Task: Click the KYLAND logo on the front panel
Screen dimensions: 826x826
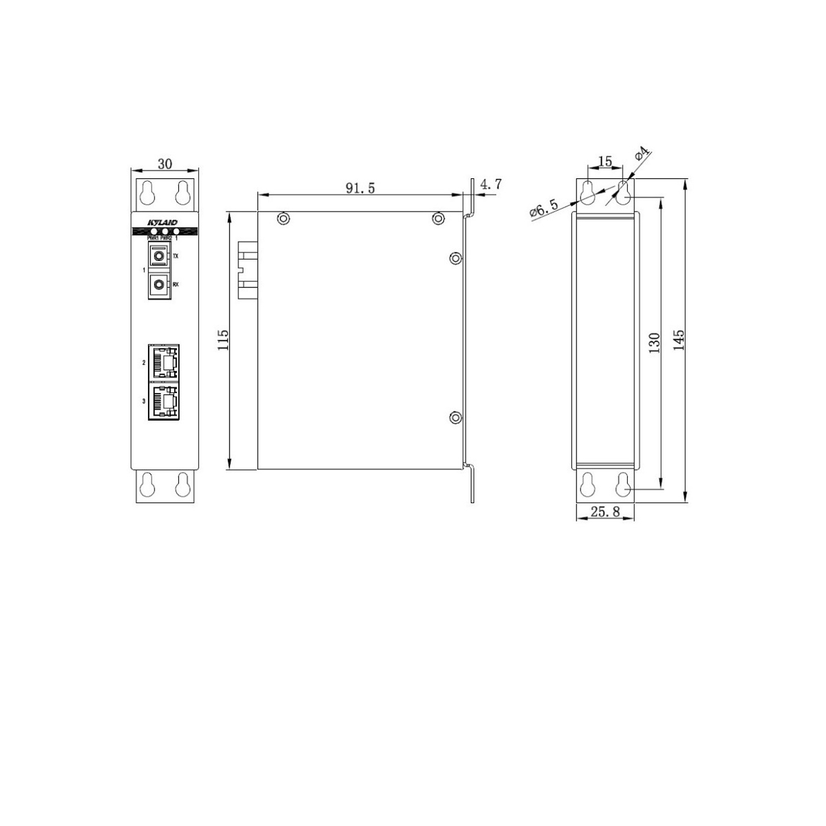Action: click(163, 222)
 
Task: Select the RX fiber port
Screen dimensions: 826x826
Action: click(158, 286)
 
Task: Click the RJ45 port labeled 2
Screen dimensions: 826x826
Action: click(163, 362)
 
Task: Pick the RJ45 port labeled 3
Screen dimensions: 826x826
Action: click(163, 402)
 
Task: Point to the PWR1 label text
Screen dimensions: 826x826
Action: click(153, 237)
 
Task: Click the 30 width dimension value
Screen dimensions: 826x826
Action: click(165, 163)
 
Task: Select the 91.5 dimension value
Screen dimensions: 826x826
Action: click(360, 188)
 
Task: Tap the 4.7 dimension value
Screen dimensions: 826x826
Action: click(490, 185)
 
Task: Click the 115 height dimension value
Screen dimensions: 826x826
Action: click(223, 340)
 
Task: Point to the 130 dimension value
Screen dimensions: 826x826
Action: click(654, 343)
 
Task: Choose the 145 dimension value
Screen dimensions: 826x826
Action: click(679, 340)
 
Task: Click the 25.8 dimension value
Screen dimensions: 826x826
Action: click(605, 512)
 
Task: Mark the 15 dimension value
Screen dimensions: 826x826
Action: click(605, 161)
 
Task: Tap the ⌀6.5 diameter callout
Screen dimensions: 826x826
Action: click(543, 209)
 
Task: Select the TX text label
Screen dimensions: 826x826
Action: click(175, 257)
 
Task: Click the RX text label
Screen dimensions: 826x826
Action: click(175, 285)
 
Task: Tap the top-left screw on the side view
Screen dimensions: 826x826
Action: click(284, 219)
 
